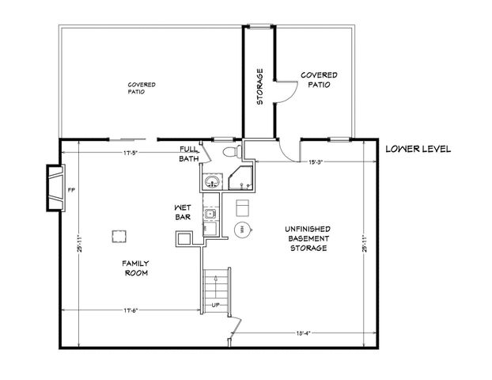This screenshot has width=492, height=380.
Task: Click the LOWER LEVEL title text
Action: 417,149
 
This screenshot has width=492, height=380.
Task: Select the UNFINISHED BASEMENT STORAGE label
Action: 307,238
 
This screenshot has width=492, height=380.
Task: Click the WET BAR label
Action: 184,213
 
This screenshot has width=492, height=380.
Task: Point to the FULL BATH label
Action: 189,154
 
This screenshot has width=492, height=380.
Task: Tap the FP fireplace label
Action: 71,190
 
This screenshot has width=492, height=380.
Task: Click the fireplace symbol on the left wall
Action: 54,188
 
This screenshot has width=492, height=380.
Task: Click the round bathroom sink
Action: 210,183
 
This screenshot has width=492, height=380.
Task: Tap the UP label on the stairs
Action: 214,306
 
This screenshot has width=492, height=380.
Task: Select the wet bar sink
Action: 209,213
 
